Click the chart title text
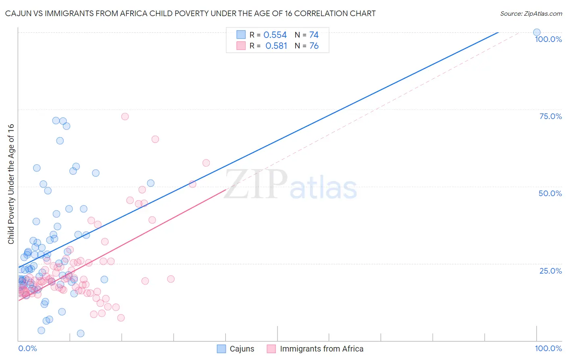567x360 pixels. [x=190, y=13]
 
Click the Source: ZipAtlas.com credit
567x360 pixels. [x=531, y=13]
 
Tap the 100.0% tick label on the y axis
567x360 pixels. [x=548, y=39]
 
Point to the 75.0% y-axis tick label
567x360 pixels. [x=550, y=116]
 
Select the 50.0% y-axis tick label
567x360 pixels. [x=550, y=193]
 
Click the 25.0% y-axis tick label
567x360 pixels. [x=550, y=270]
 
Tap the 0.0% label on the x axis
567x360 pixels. [x=27, y=348]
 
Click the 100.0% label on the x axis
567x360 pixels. [x=548, y=348]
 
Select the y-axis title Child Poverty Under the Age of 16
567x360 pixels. [x=11, y=184]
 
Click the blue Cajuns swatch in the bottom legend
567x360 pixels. [x=221, y=349]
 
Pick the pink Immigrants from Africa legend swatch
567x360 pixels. [x=271, y=349]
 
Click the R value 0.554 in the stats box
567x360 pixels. [x=275, y=35]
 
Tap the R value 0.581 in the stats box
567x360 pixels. [x=276, y=46]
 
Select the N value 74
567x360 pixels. [x=314, y=35]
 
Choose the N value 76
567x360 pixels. [x=314, y=46]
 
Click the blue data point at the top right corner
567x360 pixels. [x=537, y=32]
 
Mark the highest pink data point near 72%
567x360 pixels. [x=125, y=116]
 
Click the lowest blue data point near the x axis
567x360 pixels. [x=81, y=333]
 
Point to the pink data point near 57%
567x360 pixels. [x=206, y=163]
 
